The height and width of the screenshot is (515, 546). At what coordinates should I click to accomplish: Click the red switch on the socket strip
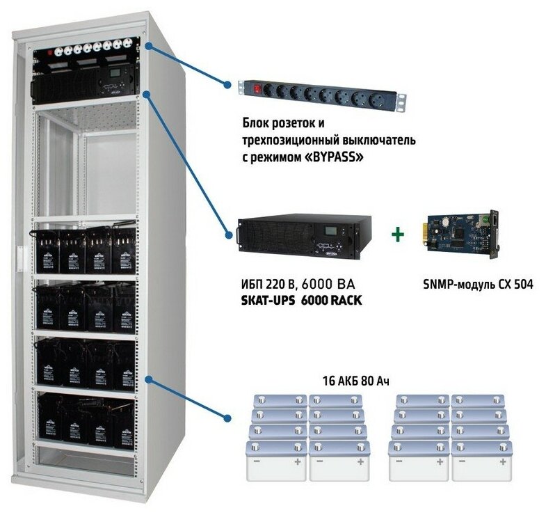pos(263,89)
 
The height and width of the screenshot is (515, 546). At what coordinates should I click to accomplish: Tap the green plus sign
pos(397,235)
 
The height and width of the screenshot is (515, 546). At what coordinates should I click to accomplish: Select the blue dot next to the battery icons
pos(227,418)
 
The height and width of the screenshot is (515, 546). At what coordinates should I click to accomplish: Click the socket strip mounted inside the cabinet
pos(89,49)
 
